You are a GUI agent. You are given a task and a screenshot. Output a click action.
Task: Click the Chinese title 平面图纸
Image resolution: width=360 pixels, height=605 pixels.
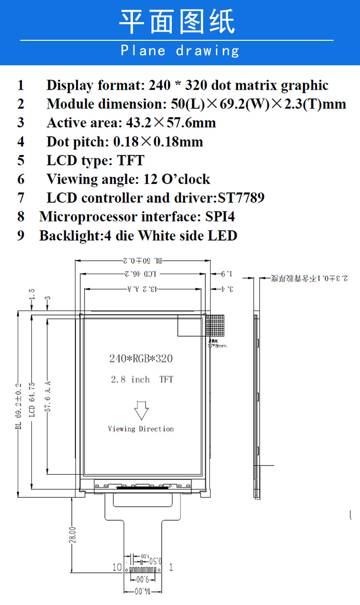coord(177,22)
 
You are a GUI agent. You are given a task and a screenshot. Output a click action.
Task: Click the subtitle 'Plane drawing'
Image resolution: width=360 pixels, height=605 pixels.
coord(180,50)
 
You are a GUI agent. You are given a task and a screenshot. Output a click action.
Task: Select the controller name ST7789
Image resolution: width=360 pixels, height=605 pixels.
coord(241,198)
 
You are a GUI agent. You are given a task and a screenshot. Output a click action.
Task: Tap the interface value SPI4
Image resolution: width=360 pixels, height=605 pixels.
coord(220,217)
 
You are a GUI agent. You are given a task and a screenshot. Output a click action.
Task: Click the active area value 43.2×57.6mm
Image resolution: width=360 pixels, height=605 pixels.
coord(171,123)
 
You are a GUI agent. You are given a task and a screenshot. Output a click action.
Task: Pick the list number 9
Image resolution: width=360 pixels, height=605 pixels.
coord(21,236)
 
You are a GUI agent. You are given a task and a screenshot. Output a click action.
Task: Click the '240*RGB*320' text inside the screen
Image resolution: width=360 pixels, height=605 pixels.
coord(141,358)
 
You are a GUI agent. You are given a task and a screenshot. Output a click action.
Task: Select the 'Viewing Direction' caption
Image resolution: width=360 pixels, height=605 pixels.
coord(141,429)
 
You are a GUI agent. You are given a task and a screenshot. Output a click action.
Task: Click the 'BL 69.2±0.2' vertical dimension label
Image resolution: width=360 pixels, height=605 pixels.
coord(19,406)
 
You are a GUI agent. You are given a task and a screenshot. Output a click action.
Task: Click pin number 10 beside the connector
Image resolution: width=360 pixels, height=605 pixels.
coord(117,567)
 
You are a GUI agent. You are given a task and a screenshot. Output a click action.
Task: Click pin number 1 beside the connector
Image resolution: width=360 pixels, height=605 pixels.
coord(171,567)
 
